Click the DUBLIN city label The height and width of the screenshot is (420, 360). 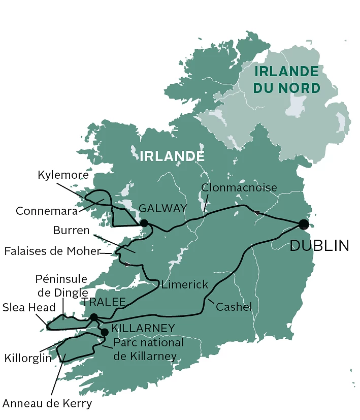coord(319,246)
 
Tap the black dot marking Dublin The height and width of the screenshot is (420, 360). coord(304,224)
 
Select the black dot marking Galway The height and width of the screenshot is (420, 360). coord(144,223)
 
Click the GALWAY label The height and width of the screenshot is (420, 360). coord(162,209)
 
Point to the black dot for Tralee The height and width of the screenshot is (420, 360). coord(94,318)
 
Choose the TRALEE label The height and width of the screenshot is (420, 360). coord(104,302)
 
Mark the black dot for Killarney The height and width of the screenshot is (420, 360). coord(104,332)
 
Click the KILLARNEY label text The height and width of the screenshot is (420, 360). coord(143,328)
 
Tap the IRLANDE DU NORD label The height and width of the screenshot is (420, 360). coord(287,79)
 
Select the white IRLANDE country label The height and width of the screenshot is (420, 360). coord(172,156)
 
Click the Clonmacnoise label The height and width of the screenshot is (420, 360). coord(239,187)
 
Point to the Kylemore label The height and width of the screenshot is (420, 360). coord(63,175)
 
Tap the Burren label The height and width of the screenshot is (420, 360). coord(71,231)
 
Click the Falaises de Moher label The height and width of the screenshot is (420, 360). coord(52,251)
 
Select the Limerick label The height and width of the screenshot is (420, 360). coord(185,285)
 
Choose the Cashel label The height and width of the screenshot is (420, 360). coord(234,307)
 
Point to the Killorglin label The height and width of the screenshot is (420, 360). coord(28,358)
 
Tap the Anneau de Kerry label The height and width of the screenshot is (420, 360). coord(47,404)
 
